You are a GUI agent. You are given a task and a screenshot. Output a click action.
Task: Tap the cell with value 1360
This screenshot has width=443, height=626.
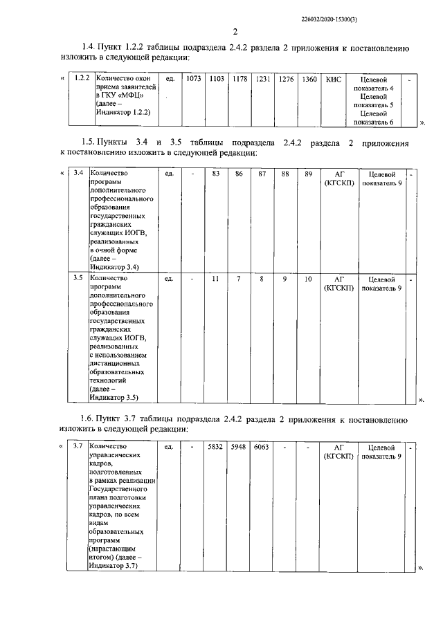click(309, 80)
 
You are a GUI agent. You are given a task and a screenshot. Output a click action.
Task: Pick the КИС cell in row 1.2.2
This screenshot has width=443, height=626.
click(334, 80)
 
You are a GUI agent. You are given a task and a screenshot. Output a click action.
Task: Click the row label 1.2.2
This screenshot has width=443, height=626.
click(82, 80)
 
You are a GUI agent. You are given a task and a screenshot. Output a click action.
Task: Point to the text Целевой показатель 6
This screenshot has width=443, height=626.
click(378, 117)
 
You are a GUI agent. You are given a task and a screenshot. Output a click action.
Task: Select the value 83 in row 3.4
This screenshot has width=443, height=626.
click(216, 173)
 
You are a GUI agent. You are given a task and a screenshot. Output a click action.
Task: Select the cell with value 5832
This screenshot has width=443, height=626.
click(216, 448)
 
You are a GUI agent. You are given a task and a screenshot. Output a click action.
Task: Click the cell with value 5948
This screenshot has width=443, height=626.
click(239, 448)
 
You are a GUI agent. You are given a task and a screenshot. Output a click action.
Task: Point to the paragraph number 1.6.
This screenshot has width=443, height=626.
click(87, 419)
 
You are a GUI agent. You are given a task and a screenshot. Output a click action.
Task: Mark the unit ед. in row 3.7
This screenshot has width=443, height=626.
click(169, 448)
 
